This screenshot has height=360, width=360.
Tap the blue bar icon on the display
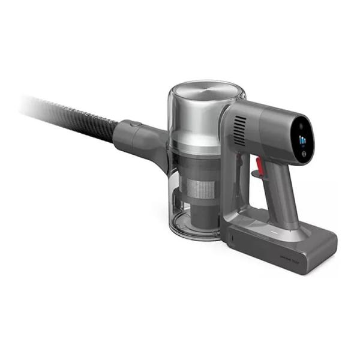[x=302, y=142]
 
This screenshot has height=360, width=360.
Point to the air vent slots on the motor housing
[x=239, y=129]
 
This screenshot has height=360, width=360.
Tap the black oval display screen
[x=303, y=140]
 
